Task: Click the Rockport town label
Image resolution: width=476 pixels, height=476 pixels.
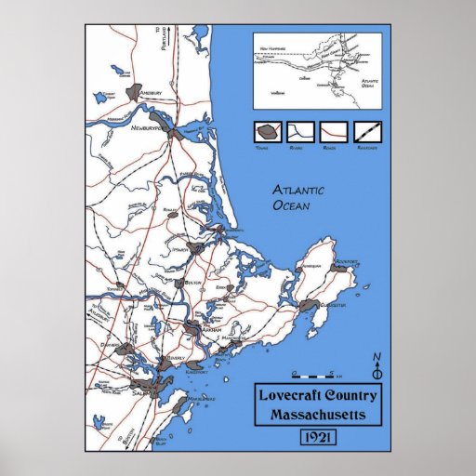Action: [348, 262]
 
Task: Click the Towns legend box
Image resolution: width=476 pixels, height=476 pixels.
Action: [267, 132]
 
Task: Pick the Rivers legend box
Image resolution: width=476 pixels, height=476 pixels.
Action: [300, 132]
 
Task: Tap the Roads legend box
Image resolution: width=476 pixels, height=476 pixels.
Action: [334, 132]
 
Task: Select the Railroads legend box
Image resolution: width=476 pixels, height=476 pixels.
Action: [367, 132]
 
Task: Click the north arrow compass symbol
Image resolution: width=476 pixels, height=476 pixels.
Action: [377, 365]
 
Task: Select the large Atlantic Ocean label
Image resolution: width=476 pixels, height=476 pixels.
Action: [298, 198]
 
